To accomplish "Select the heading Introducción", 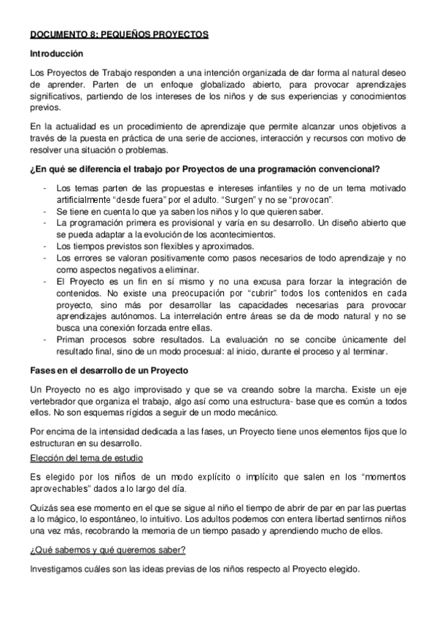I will (57, 54).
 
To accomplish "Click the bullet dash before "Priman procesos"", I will (45, 339).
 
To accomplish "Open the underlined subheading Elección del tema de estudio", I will (87, 457).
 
